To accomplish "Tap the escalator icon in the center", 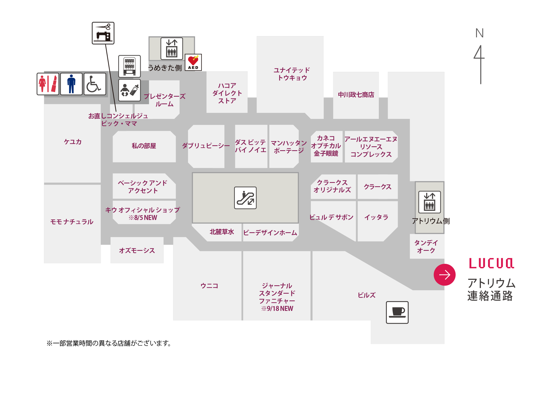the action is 245,198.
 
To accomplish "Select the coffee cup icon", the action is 397,312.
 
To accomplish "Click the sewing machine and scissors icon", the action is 103,33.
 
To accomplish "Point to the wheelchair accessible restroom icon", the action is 95,84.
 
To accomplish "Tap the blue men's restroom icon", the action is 71,84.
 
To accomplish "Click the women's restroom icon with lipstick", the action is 48,84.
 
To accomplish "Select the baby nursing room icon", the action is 129,90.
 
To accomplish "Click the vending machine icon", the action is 129,66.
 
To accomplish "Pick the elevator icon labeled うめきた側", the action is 172,49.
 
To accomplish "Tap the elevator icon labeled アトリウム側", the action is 430,202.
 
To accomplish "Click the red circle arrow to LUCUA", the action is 445,275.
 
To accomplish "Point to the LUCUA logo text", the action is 492,263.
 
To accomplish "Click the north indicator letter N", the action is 480,33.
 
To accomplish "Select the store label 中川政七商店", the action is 356,95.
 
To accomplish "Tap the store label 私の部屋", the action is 144,146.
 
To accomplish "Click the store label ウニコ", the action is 209,286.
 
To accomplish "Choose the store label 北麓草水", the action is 222,232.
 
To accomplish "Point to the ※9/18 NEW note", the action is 277,309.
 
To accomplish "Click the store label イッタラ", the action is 376,217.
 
